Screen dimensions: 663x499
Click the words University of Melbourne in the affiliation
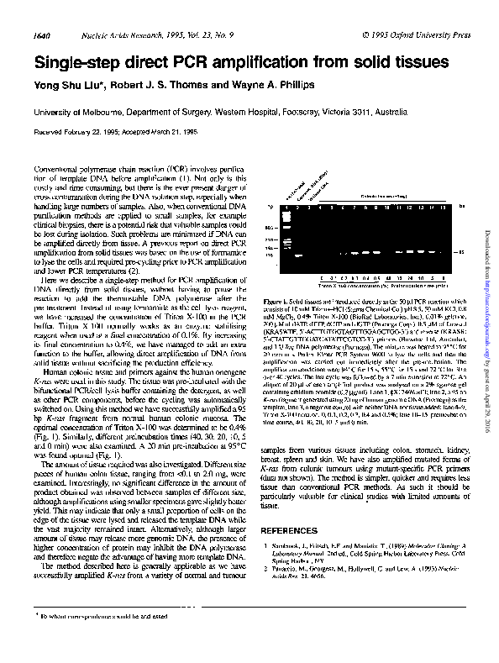tap(76, 111)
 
